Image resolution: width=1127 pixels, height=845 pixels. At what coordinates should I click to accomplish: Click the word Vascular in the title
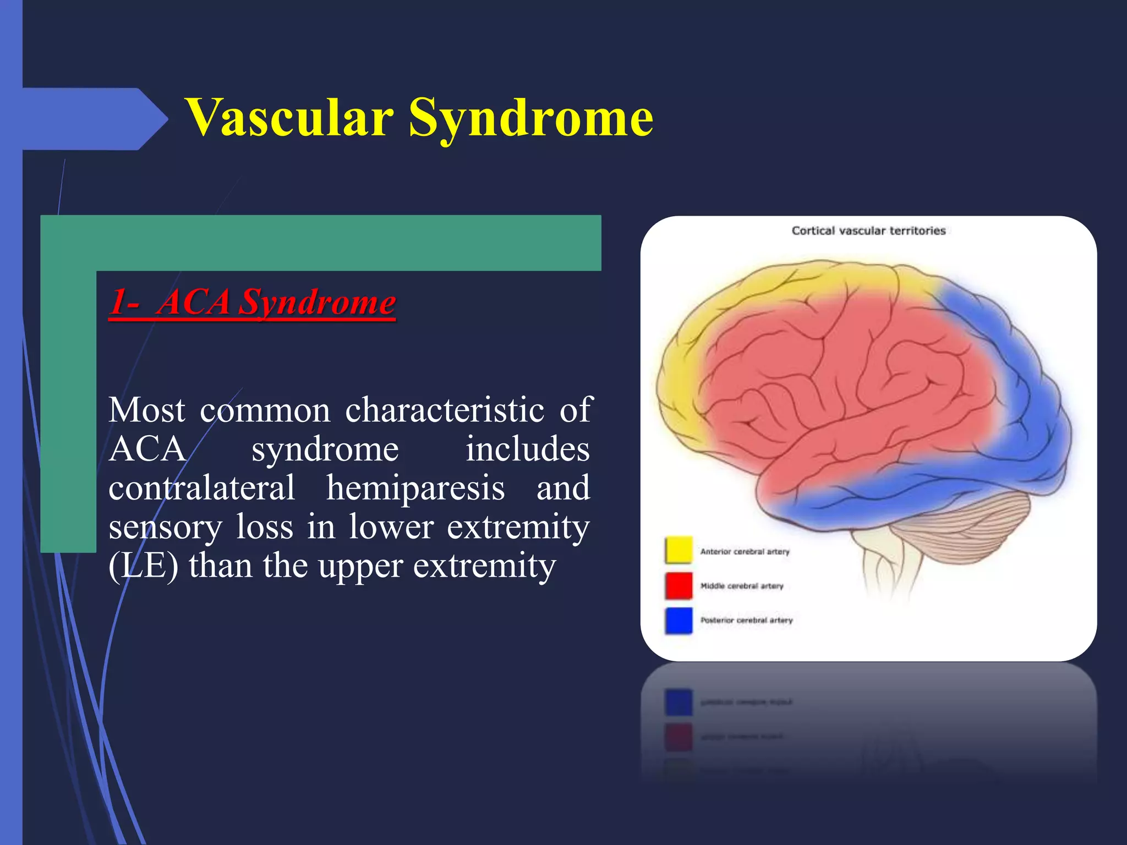[x=290, y=117]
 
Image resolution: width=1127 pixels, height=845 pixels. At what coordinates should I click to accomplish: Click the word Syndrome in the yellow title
[x=530, y=117]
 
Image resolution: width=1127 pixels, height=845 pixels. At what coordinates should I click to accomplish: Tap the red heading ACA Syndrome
[x=252, y=302]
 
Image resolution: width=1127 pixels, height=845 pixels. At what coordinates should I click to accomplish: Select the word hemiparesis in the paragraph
[x=415, y=487]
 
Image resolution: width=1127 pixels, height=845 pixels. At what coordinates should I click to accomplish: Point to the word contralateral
[x=201, y=487]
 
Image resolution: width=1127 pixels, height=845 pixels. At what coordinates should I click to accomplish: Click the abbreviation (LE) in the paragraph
[x=143, y=566]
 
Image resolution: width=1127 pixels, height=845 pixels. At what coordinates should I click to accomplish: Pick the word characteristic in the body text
[x=445, y=410]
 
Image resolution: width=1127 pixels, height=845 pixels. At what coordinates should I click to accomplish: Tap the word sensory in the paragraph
[x=165, y=527]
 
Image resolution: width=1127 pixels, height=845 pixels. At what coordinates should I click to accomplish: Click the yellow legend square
[x=678, y=550]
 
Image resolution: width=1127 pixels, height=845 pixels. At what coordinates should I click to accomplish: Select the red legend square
[x=678, y=585]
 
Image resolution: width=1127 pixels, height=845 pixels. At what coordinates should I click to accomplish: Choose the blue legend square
[x=678, y=620]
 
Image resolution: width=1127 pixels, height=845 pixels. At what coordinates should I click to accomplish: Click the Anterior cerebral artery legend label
[x=745, y=551]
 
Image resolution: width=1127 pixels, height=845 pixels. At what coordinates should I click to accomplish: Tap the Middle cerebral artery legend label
[x=741, y=586]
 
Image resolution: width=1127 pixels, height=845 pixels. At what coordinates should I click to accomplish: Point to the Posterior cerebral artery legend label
[x=746, y=620]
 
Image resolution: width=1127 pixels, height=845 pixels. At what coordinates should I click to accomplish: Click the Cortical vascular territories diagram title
[x=868, y=231]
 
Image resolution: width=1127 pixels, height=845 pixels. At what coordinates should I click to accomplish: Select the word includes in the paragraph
[x=527, y=449]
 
